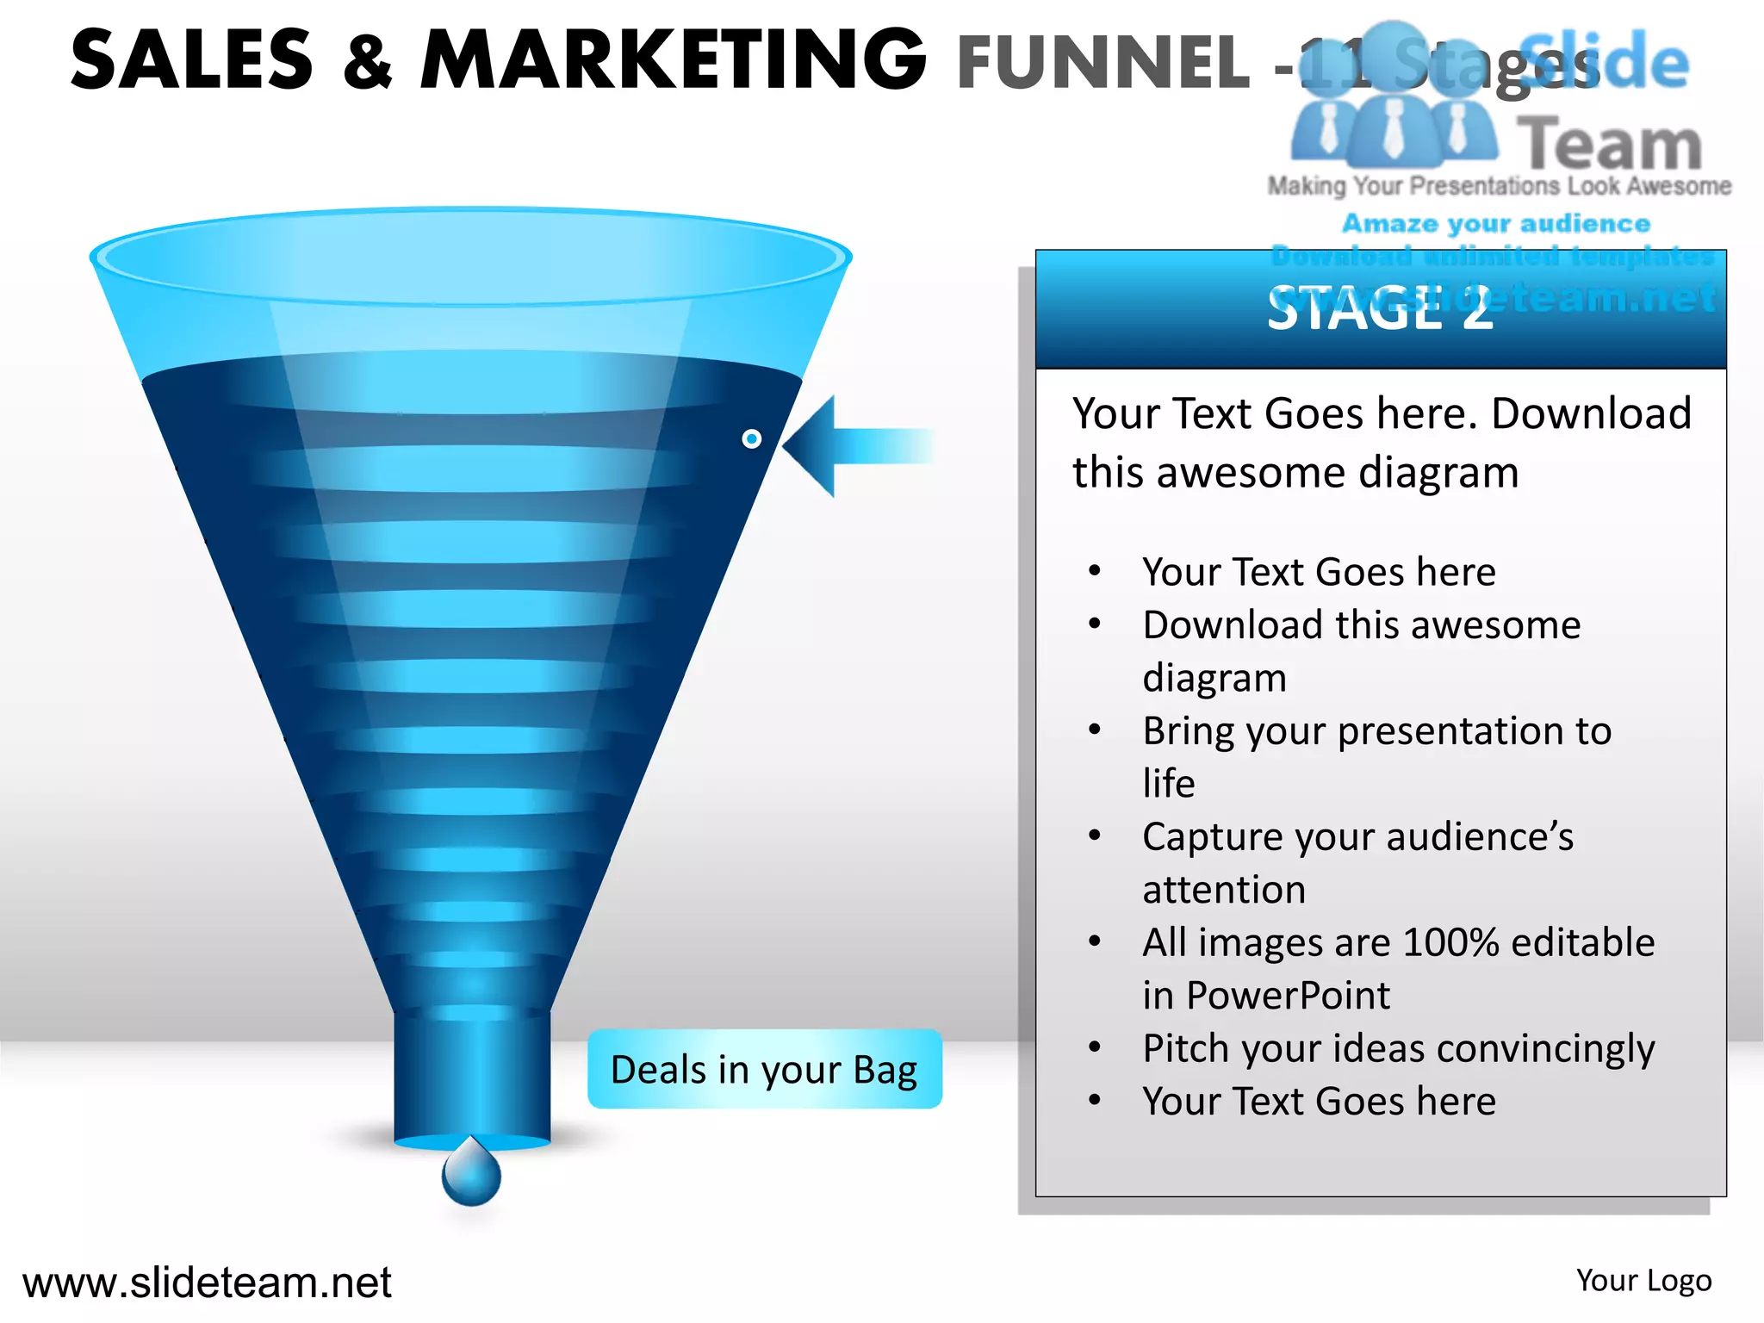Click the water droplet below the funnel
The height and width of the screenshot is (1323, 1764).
coord(471,1173)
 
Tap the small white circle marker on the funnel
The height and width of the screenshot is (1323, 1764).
coord(751,439)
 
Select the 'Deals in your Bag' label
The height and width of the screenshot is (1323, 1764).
coord(764,1069)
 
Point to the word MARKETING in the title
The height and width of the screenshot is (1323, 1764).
coord(674,60)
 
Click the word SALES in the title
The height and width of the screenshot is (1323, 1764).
coord(192,60)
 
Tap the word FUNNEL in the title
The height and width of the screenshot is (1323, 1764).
coord(1102,62)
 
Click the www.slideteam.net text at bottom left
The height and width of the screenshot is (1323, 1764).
coord(207,1283)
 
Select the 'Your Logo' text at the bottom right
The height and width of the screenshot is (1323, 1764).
coord(1643,1281)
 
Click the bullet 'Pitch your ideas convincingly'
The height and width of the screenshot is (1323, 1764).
coord(1398,1048)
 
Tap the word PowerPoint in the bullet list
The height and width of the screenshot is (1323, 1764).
coord(1288,996)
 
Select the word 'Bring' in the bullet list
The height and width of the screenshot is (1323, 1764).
coord(1188,731)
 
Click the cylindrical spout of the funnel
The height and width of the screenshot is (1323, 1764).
coord(472,1077)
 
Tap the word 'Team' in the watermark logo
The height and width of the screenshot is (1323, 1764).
coord(1609,144)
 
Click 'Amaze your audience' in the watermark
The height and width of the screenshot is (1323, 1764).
coord(1496,224)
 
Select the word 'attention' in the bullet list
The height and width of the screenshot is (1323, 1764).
coord(1224,890)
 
